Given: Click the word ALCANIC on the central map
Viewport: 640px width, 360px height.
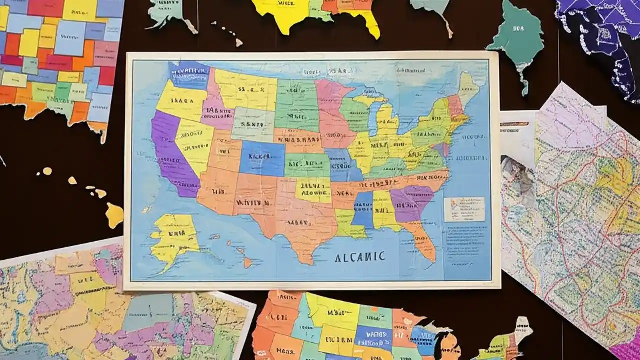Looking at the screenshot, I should pos(360,257).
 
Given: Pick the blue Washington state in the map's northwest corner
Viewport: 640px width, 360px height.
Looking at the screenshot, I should pos(189,75).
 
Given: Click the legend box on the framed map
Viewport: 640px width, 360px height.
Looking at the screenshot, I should pos(464,209).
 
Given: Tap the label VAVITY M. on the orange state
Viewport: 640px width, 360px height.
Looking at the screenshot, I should pos(254,203).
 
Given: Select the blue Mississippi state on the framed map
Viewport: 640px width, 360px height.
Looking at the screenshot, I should pos(363,210).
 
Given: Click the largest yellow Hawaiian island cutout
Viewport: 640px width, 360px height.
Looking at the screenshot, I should pos(114,215).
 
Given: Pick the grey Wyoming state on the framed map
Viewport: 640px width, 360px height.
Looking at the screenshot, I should pos(253,122).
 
